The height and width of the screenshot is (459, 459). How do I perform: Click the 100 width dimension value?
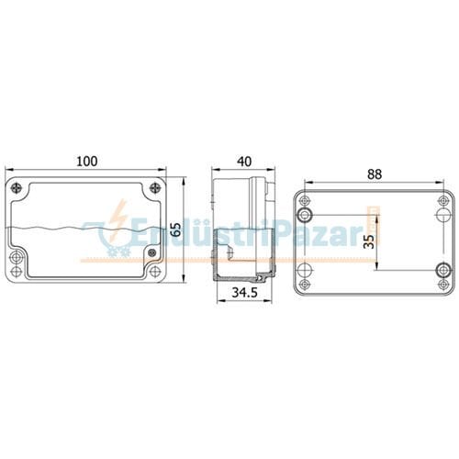click(x=86, y=161)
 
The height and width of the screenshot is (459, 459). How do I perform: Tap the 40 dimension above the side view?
click(x=243, y=161)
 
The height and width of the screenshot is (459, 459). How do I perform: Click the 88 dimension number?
click(x=375, y=174)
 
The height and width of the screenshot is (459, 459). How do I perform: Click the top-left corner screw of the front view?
click(x=17, y=188)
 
